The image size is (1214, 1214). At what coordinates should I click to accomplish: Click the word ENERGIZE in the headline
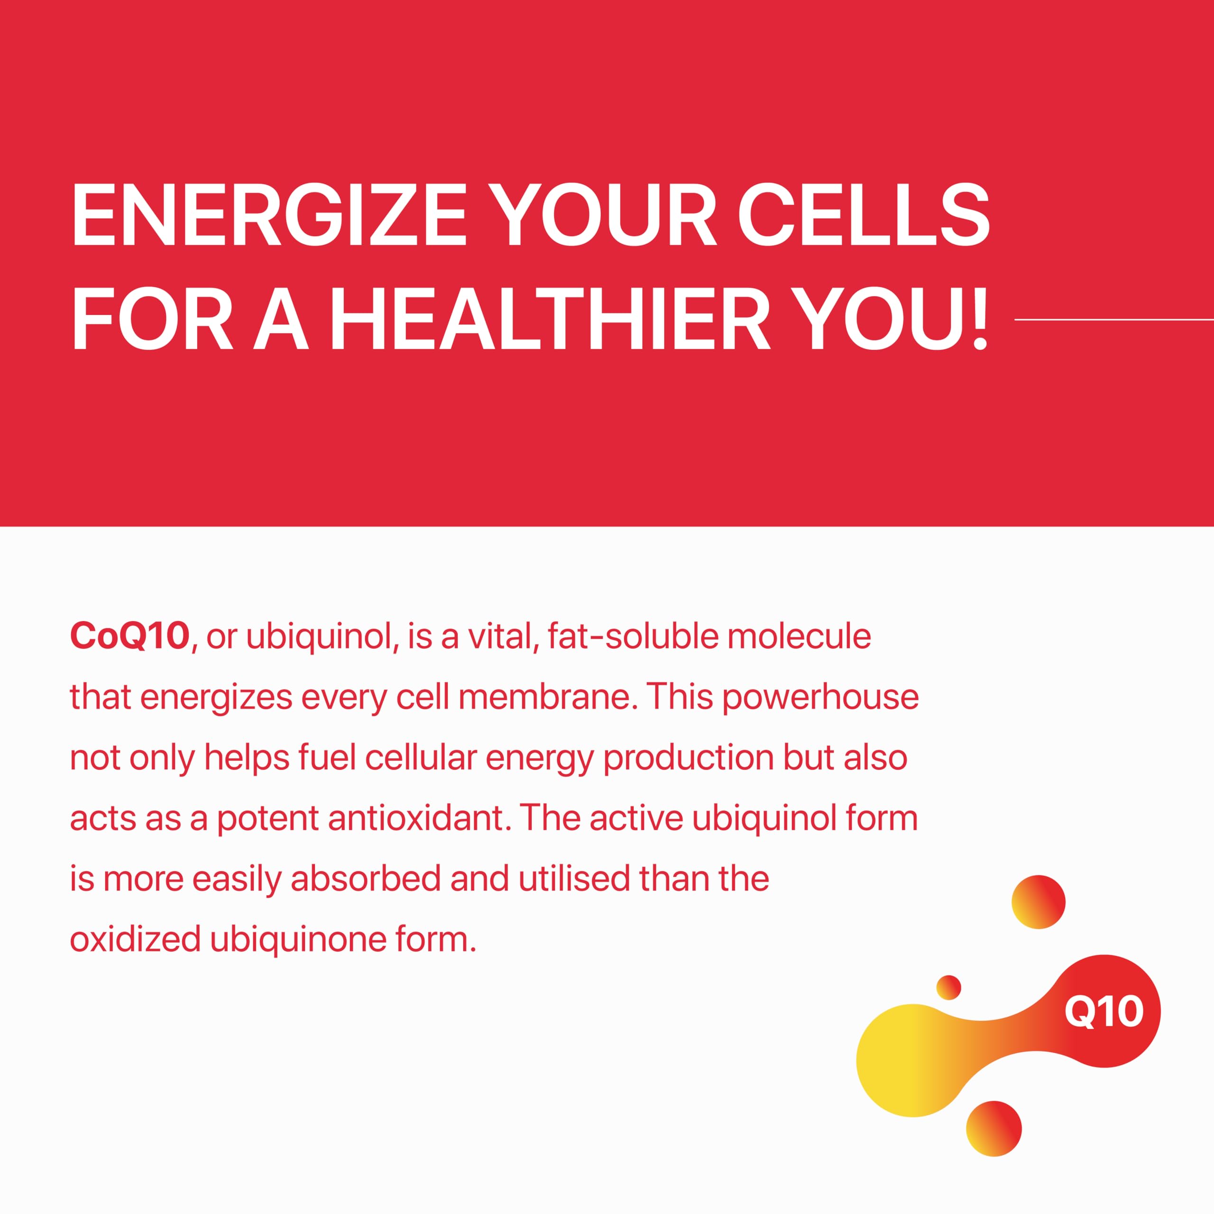268,215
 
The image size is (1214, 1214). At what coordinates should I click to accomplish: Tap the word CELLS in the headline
864,215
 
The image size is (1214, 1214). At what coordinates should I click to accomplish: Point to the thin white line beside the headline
1114,319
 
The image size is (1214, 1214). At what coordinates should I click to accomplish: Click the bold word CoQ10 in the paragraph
129,635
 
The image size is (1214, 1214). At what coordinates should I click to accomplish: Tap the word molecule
799,635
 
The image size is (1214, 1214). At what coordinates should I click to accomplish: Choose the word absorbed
366,878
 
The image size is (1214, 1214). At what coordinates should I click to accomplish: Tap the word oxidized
135,939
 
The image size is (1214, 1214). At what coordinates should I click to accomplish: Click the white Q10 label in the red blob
1104,1011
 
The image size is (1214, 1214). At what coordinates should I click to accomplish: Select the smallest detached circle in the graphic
949,987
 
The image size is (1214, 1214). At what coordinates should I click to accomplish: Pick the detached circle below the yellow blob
994,1129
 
